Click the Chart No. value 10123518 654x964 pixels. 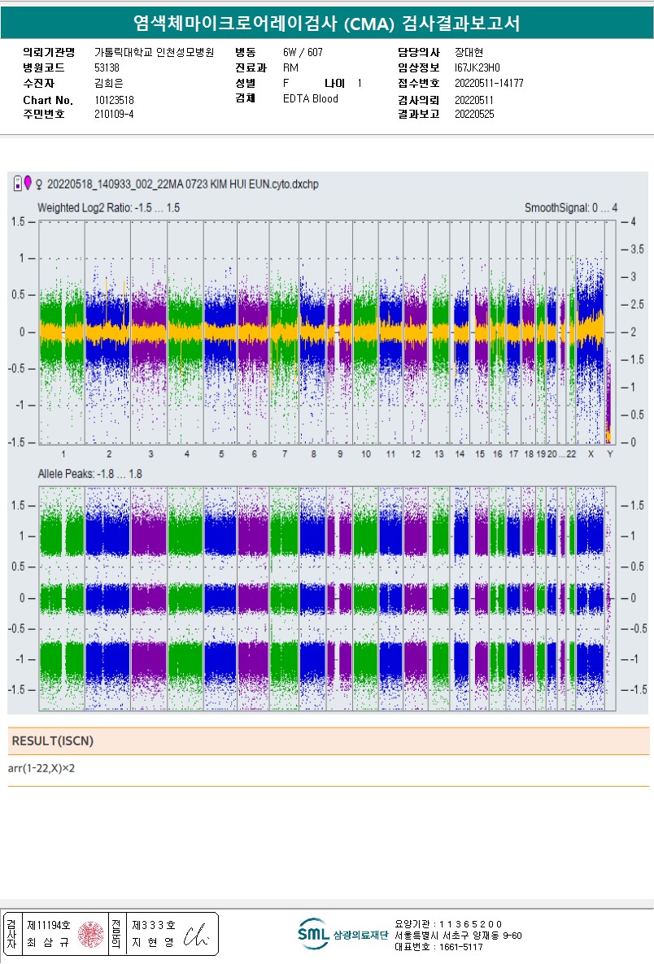[114, 100]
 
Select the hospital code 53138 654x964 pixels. [107, 68]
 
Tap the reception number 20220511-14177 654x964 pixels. [488, 84]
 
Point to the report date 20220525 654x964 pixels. [474, 115]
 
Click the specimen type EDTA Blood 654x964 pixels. [311, 99]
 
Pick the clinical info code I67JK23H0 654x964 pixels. [477, 68]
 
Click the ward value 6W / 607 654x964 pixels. [303, 53]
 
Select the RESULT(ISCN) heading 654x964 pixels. [53, 741]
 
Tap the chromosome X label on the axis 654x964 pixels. [591, 454]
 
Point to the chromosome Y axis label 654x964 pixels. [610, 454]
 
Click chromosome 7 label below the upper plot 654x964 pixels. [285, 454]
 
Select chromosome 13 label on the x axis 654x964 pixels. [439, 454]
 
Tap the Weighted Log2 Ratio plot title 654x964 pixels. [108, 208]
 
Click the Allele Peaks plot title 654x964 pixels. [90, 474]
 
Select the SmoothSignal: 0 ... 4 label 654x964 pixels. [570, 208]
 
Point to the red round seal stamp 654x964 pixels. [92, 935]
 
